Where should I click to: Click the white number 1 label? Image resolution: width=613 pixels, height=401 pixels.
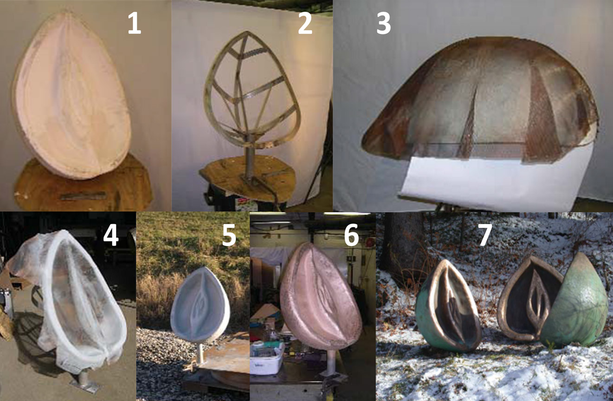tap(135, 24)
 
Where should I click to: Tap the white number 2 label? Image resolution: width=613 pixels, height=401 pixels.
tap(305, 24)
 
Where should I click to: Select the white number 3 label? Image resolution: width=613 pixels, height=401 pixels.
tap(383, 24)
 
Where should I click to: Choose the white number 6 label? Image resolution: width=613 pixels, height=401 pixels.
tap(351, 234)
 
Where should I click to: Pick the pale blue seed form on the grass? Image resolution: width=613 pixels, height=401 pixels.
tap(200, 304)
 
